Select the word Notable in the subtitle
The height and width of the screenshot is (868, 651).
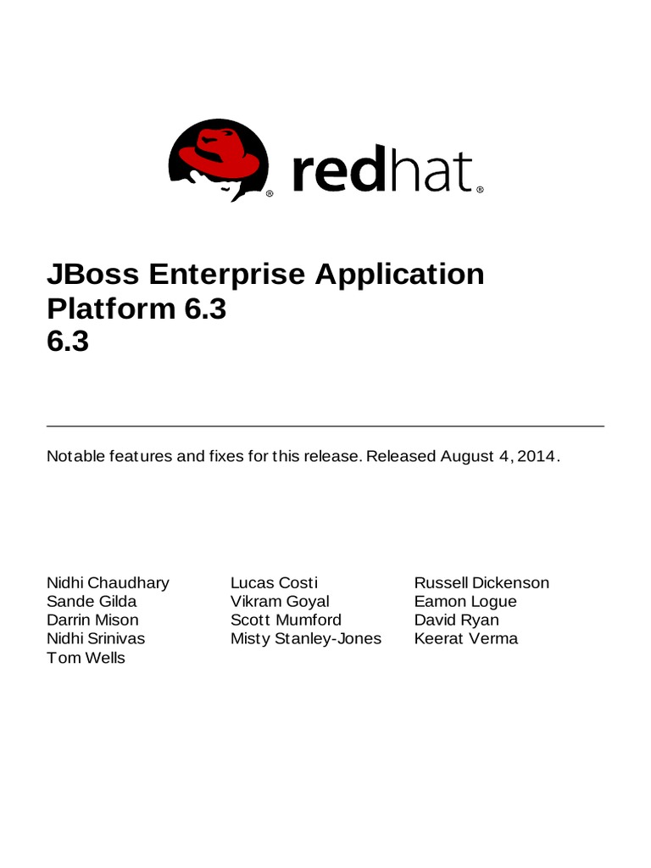[x=75, y=456]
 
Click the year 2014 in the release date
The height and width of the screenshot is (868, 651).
[x=536, y=456]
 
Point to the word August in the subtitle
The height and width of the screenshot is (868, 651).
[x=468, y=456]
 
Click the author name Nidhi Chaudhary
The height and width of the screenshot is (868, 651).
[x=108, y=582]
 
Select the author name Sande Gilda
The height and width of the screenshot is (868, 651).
[x=92, y=601]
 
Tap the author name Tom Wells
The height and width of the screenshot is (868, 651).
[x=86, y=658]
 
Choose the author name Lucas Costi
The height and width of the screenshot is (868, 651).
[x=274, y=582]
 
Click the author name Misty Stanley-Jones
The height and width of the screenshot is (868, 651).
[x=306, y=638]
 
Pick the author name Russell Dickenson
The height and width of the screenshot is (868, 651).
[x=481, y=582]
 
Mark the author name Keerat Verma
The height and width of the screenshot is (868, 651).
[x=465, y=638]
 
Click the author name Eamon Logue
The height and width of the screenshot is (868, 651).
[x=465, y=601]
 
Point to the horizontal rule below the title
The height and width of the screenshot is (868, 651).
[x=325, y=426]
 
